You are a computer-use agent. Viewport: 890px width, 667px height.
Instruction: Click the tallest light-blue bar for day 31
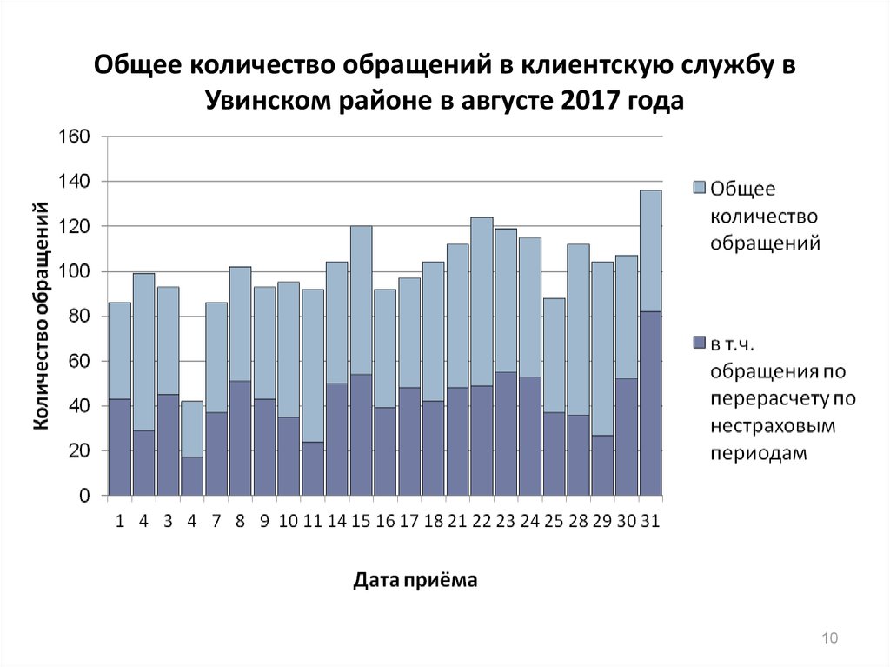pyautogui.click(x=650, y=250)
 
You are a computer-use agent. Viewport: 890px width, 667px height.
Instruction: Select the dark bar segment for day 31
pyautogui.click(x=650, y=404)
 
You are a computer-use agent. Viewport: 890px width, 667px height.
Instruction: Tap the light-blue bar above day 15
pyautogui.click(x=361, y=300)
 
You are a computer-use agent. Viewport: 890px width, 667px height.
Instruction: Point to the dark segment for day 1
pyautogui.click(x=119, y=447)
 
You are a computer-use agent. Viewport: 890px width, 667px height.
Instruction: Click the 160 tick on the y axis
pyautogui.click(x=74, y=137)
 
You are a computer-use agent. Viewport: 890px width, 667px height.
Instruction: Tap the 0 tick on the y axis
pyautogui.click(x=84, y=497)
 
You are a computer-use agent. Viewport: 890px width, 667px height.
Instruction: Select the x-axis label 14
pyautogui.click(x=336, y=522)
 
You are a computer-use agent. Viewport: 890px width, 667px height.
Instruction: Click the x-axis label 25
pyautogui.click(x=554, y=522)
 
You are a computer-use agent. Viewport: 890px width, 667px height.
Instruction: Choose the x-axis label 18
pyautogui.click(x=433, y=522)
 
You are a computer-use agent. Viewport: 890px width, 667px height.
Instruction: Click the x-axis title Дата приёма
pyautogui.click(x=415, y=580)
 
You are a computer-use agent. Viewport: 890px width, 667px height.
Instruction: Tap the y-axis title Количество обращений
pyautogui.click(x=40, y=316)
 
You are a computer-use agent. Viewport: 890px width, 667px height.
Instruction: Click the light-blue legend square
pyautogui.click(x=699, y=188)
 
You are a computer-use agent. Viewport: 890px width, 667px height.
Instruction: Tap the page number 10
pyautogui.click(x=828, y=639)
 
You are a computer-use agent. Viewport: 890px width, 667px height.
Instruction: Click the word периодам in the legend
pyautogui.click(x=759, y=453)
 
